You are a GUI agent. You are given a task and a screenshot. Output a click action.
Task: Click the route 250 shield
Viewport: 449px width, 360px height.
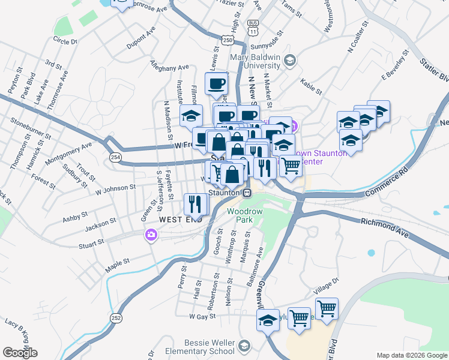pos(228,40)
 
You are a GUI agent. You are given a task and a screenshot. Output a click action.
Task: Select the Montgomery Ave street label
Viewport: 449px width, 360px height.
pos(68,154)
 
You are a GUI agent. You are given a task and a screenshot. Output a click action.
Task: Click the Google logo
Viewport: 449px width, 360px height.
pos(20,352)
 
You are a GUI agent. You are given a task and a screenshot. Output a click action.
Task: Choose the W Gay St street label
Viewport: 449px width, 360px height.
pos(202,316)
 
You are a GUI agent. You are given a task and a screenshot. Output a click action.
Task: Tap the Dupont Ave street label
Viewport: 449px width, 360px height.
pos(141,37)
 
